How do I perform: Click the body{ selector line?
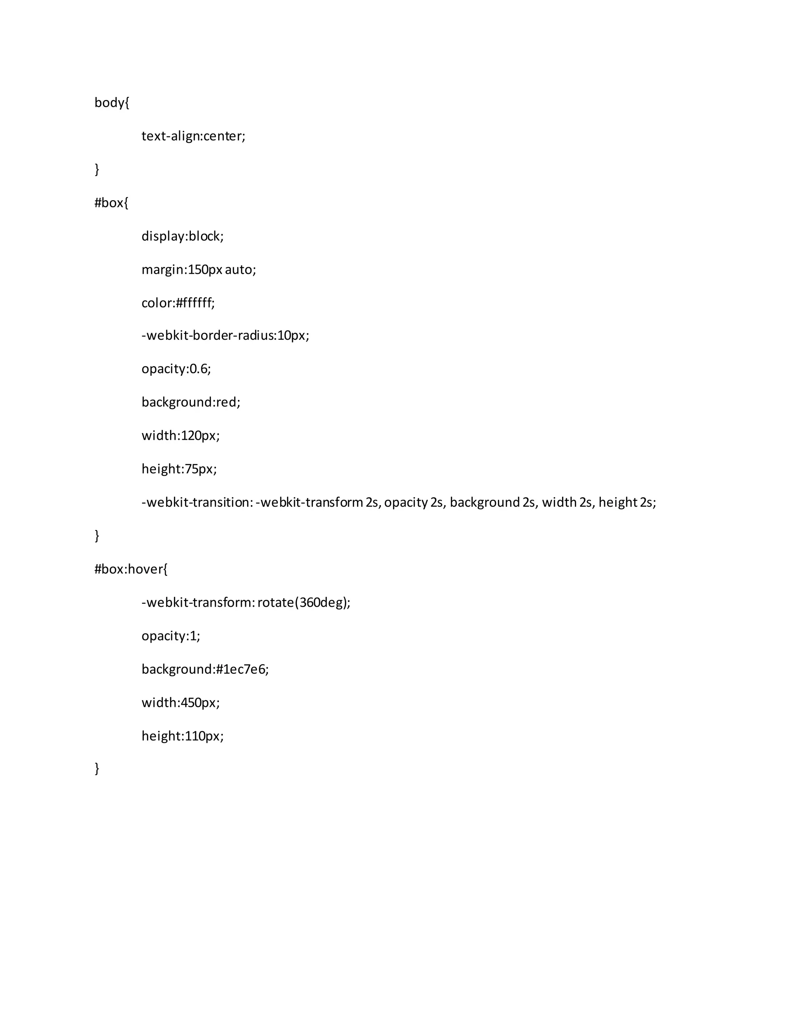(x=111, y=102)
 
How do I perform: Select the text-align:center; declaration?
(x=193, y=136)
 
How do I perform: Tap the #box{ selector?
(x=111, y=203)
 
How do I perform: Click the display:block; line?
(x=182, y=236)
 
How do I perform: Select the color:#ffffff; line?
(x=178, y=303)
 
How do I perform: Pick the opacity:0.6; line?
(x=176, y=369)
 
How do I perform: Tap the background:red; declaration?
(x=191, y=402)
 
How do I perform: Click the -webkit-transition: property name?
(x=197, y=502)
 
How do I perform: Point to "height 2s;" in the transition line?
(x=627, y=502)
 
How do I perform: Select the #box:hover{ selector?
(x=131, y=569)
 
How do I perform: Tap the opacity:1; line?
(x=171, y=636)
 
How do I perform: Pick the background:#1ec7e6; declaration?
(x=205, y=669)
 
